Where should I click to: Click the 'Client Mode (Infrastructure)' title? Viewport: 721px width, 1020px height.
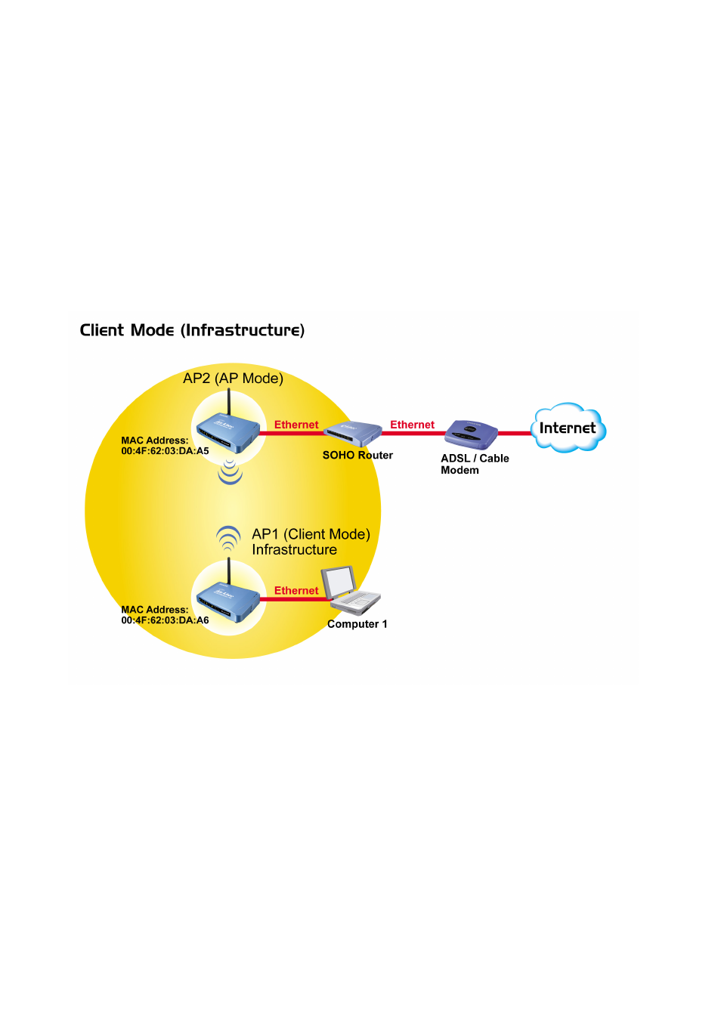coord(192,331)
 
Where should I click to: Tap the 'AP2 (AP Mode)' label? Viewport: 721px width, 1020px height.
coord(233,379)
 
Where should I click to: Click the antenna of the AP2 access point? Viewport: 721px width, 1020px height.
coord(229,403)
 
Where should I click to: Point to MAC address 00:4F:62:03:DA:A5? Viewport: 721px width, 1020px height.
coord(165,451)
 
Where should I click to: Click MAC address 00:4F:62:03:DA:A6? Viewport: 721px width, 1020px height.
coord(165,620)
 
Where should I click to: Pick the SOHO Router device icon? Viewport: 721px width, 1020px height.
coord(352,434)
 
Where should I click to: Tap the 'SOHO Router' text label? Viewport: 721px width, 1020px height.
coord(357,456)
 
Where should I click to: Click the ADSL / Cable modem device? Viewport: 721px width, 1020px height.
coord(471,435)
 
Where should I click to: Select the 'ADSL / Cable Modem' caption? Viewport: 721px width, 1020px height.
coord(475,465)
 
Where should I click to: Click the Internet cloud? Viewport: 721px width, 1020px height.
coord(568,428)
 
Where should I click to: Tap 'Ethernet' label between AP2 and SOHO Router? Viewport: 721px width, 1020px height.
coord(296,425)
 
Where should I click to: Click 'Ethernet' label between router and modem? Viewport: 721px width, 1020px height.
coord(412,425)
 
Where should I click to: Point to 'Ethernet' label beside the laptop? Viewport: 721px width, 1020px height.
coord(296,591)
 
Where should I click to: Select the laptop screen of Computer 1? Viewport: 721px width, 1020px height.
coord(339,583)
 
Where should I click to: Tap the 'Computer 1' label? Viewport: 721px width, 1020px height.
coord(357,624)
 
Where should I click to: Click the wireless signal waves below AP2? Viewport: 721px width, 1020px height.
coord(230,471)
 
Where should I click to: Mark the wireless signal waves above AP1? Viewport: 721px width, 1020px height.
coord(228,539)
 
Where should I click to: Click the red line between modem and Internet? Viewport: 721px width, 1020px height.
coord(515,434)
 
